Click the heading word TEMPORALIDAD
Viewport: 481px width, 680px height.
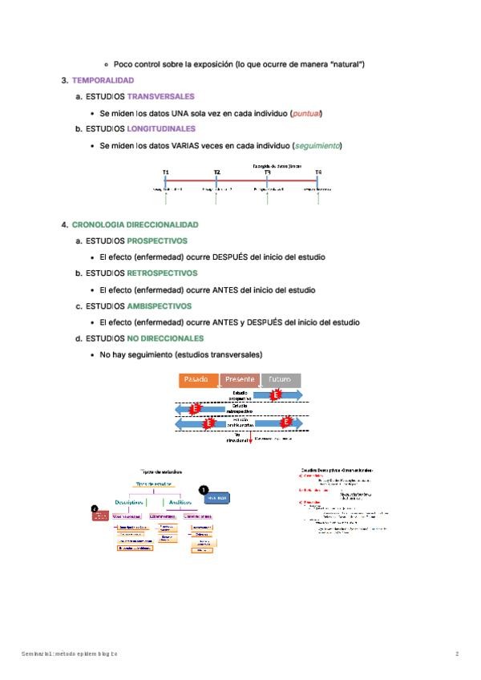[x=103, y=80]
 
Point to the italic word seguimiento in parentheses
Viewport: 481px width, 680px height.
[x=317, y=145]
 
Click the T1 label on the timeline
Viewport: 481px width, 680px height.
[x=165, y=172]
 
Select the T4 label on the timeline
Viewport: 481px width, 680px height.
[x=318, y=172]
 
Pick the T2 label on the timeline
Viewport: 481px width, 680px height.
[x=216, y=172]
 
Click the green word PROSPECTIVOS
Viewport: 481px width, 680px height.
[x=157, y=241]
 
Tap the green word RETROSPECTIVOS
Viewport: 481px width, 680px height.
[x=162, y=273]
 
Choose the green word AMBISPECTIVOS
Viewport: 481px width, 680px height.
[x=160, y=306]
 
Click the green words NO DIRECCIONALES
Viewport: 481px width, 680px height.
[x=165, y=338]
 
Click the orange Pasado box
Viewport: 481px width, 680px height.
[x=196, y=379]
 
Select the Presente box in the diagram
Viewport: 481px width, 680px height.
[x=240, y=379]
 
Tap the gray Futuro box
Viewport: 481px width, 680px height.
[x=281, y=379]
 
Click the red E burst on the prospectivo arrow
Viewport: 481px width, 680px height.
[x=276, y=395]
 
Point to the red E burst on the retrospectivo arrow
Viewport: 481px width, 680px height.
[x=195, y=409]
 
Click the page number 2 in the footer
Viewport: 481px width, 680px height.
[x=457, y=654]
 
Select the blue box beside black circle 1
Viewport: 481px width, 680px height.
[x=216, y=498]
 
